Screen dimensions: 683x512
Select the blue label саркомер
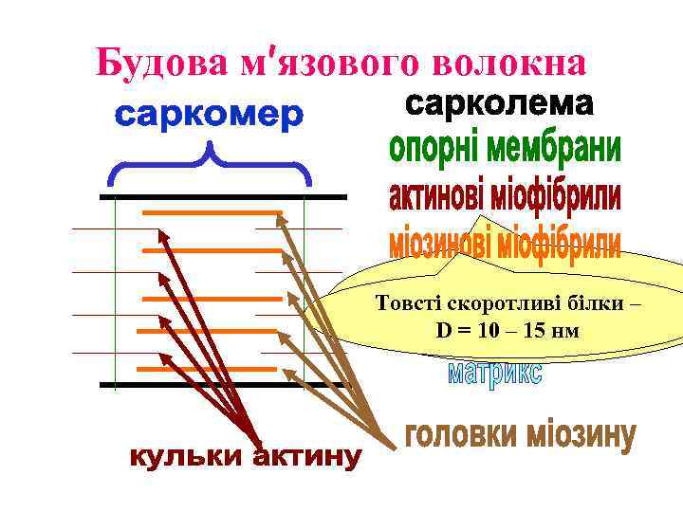click(x=210, y=117)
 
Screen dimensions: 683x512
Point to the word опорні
click(x=438, y=151)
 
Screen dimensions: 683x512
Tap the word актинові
click(x=446, y=197)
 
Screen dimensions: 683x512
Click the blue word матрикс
click(x=494, y=373)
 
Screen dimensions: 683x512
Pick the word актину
click(x=303, y=459)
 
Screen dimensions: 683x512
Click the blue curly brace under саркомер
click(x=210, y=165)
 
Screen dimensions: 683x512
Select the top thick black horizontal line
click(x=223, y=197)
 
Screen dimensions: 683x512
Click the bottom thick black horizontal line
click(x=223, y=385)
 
